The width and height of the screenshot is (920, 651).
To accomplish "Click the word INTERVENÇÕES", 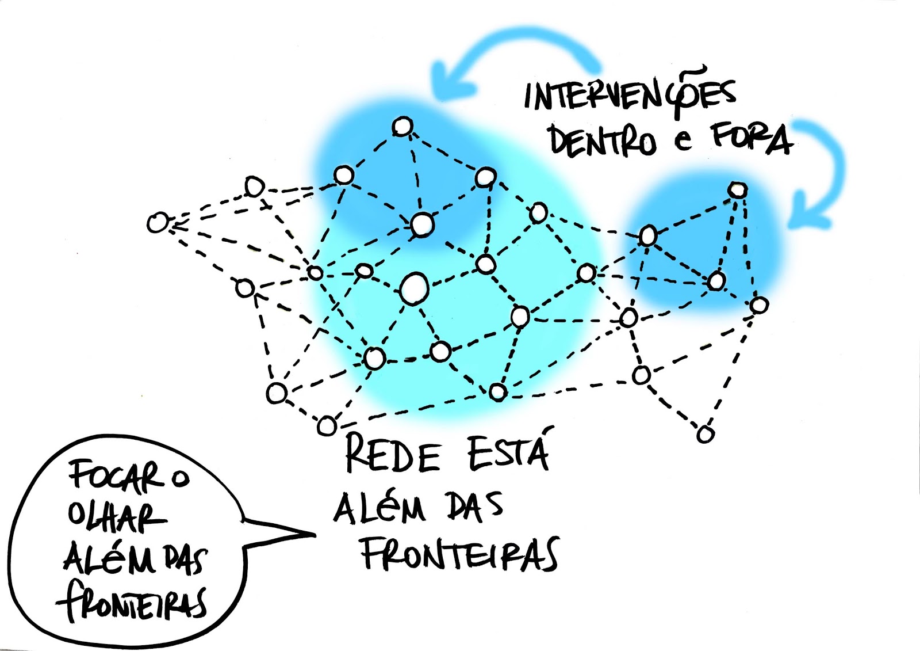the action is [x=630, y=95].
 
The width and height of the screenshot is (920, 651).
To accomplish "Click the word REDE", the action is [x=393, y=455].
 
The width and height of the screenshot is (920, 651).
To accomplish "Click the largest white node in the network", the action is [x=414, y=288].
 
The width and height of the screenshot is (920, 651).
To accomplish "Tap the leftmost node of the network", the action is [x=157, y=223].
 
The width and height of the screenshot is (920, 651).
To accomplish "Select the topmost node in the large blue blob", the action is [x=402, y=126].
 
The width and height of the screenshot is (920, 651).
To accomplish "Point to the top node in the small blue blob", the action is [x=737, y=189].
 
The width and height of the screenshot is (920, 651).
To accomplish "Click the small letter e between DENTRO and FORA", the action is [x=683, y=140].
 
